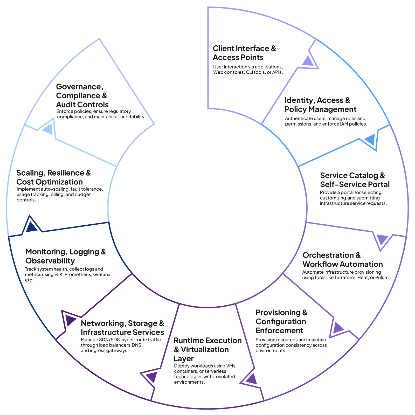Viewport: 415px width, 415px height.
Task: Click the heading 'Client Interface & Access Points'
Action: [x=244, y=53]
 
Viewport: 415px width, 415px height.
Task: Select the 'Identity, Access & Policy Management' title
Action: [x=320, y=105]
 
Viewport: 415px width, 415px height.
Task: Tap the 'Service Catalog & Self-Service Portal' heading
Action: [x=355, y=180]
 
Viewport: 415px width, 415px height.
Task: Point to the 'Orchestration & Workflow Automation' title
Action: [x=342, y=260]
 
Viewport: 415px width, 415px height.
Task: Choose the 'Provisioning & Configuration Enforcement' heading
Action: [x=281, y=322]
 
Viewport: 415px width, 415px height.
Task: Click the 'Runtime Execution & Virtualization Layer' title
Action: [x=207, y=349]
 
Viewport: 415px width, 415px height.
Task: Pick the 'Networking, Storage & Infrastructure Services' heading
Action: [x=122, y=328]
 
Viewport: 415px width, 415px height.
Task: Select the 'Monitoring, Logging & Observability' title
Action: [x=66, y=256]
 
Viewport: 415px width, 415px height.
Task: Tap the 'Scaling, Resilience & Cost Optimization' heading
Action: [x=54, y=177]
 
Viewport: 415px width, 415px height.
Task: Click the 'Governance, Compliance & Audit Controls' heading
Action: [x=82, y=96]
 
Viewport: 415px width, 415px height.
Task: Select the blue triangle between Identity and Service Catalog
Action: [x=370, y=140]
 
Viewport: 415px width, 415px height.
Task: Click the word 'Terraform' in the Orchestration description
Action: [x=345, y=278]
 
